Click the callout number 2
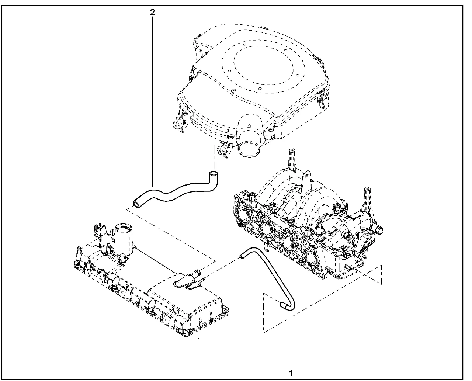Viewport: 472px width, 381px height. pyautogui.click(x=152, y=12)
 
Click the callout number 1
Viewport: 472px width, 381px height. pyautogui.click(x=291, y=373)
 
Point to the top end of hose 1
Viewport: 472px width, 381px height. pyautogui.click(x=242, y=255)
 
